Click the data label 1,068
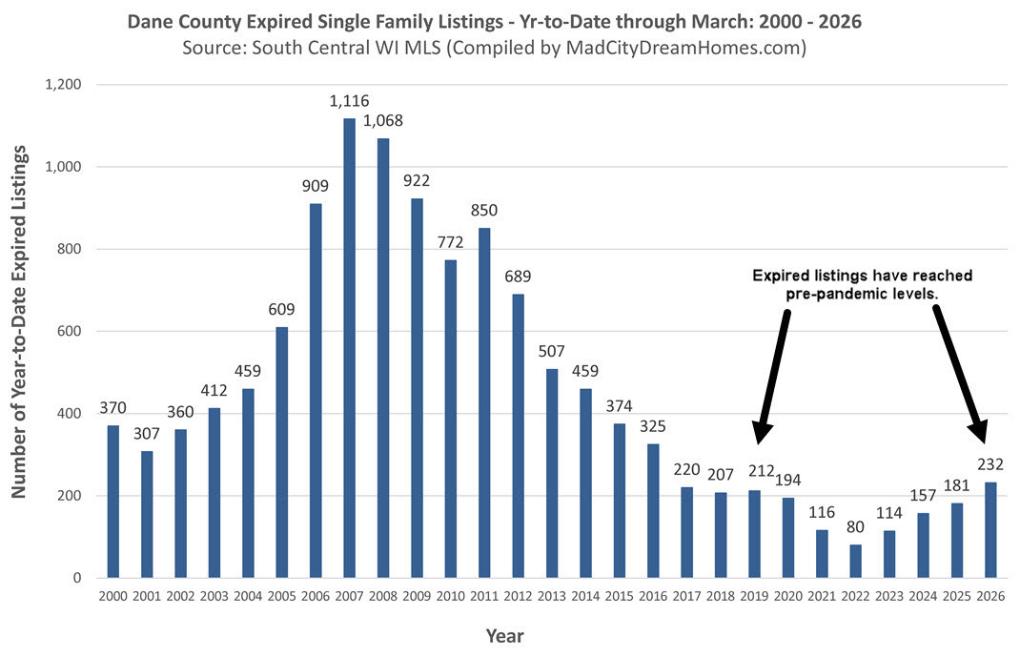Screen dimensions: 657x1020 coord(382,121)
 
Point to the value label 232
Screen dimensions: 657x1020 coord(991,464)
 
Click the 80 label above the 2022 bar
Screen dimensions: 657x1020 coord(856,527)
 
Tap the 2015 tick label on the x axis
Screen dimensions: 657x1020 coord(620,595)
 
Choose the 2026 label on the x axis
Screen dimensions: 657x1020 coord(991,595)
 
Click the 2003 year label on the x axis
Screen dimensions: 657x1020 coord(214,595)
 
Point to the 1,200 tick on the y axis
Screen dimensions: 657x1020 coord(63,85)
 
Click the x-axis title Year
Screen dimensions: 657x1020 coord(505,635)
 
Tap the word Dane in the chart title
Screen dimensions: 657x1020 coord(149,21)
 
